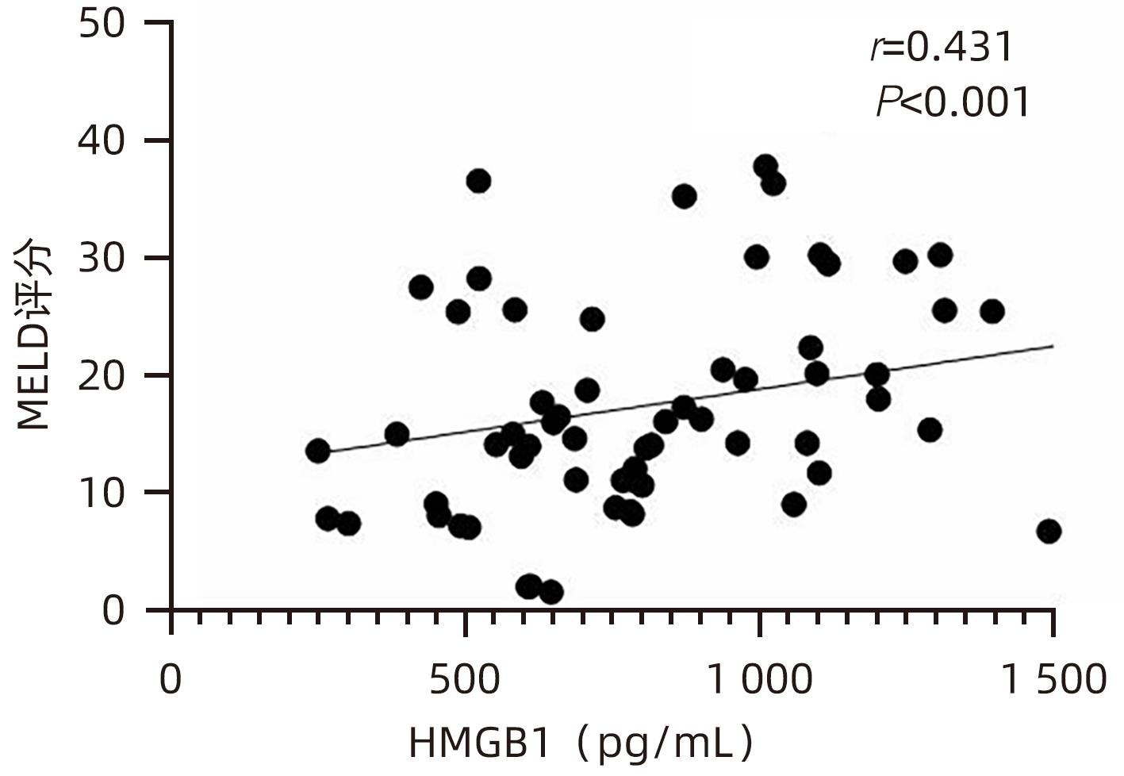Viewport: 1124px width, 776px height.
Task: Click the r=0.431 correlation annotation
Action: (942, 48)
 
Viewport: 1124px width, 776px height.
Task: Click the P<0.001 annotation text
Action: (953, 102)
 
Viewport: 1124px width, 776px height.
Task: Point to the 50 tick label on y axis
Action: (102, 24)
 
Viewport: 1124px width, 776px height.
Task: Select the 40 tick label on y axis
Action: (102, 141)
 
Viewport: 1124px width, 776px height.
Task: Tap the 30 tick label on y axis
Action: (102, 259)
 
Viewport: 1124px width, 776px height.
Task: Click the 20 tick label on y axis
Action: (102, 375)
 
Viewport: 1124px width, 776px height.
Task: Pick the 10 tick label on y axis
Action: (102, 493)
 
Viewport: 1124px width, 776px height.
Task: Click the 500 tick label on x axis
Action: (465, 680)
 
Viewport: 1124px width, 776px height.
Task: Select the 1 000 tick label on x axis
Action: (759, 680)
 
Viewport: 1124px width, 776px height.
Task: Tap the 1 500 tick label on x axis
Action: (1053, 680)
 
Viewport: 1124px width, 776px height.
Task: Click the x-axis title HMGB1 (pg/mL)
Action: (581, 743)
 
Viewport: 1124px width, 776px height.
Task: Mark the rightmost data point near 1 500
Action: (1049, 532)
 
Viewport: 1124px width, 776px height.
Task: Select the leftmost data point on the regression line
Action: (318, 451)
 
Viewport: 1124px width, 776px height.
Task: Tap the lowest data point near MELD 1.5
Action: (551, 592)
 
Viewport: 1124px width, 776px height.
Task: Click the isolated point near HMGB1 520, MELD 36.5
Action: (478, 181)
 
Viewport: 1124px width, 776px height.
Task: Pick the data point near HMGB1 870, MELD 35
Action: (684, 197)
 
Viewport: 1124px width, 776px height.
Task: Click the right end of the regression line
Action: (1053, 346)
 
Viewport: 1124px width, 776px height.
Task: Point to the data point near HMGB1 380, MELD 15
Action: (397, 434)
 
